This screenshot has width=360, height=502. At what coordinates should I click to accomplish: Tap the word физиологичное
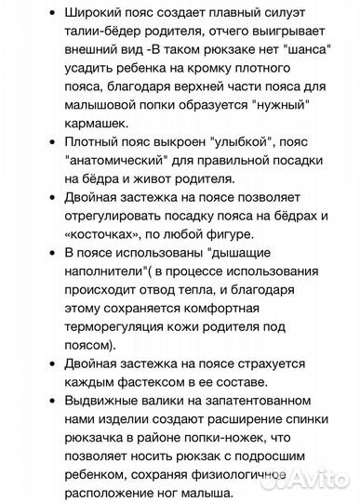pyautogui.click(x=257, y=470)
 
